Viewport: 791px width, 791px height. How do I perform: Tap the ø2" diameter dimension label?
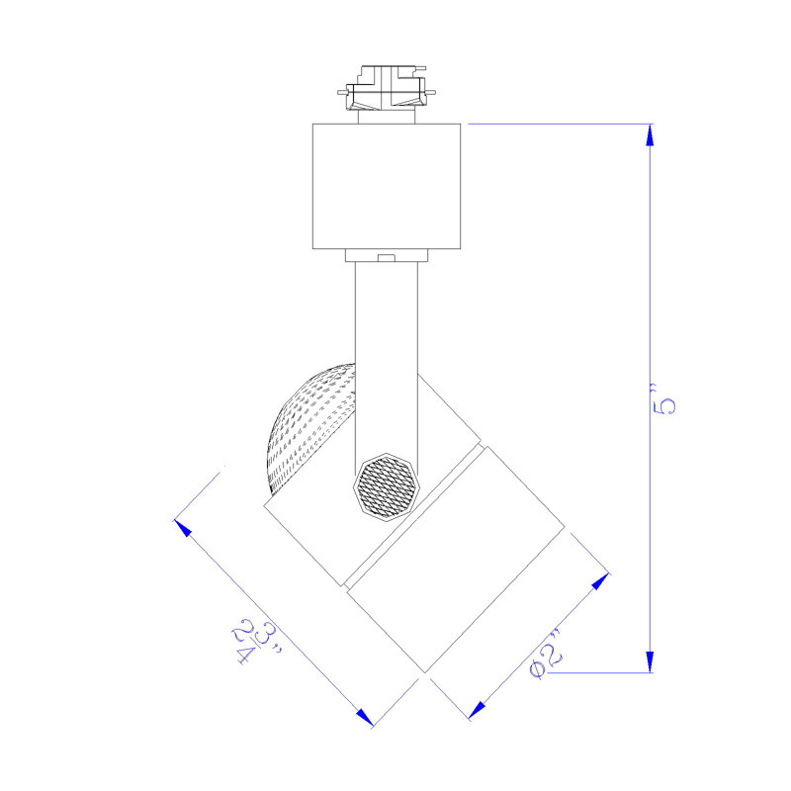coord(546,655)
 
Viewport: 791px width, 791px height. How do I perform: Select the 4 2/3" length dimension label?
coord(257,641)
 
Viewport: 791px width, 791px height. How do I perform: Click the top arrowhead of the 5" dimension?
coord(650,135)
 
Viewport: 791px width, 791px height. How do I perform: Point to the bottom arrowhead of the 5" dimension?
coord(650,661)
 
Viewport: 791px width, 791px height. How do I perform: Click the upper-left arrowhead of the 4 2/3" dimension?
coord(183,528)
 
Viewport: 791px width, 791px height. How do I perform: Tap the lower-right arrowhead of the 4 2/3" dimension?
coord(364,718)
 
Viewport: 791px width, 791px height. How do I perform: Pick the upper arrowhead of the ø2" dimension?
coord(600,581)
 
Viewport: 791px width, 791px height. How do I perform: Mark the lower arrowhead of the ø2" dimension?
coord(477,710)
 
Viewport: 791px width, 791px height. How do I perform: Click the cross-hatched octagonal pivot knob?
coord(387,486)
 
